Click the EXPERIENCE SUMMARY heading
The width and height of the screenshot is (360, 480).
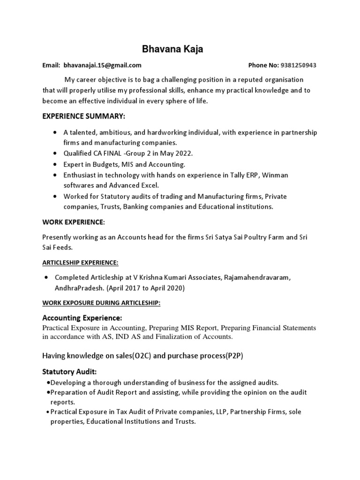tap(84, 116)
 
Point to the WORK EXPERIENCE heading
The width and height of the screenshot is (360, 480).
tap(74, 221)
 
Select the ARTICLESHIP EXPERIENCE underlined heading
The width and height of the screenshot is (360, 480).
tap(80, 262)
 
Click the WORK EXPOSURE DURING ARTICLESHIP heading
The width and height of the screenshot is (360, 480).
tap(101, 303)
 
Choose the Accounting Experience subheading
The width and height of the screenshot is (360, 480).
tap(82, 318)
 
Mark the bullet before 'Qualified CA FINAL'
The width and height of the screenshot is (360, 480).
tap(56, 153)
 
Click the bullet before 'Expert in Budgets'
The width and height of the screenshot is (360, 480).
tap(56, 164)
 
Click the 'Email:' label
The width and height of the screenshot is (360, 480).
tap(52, 66)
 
